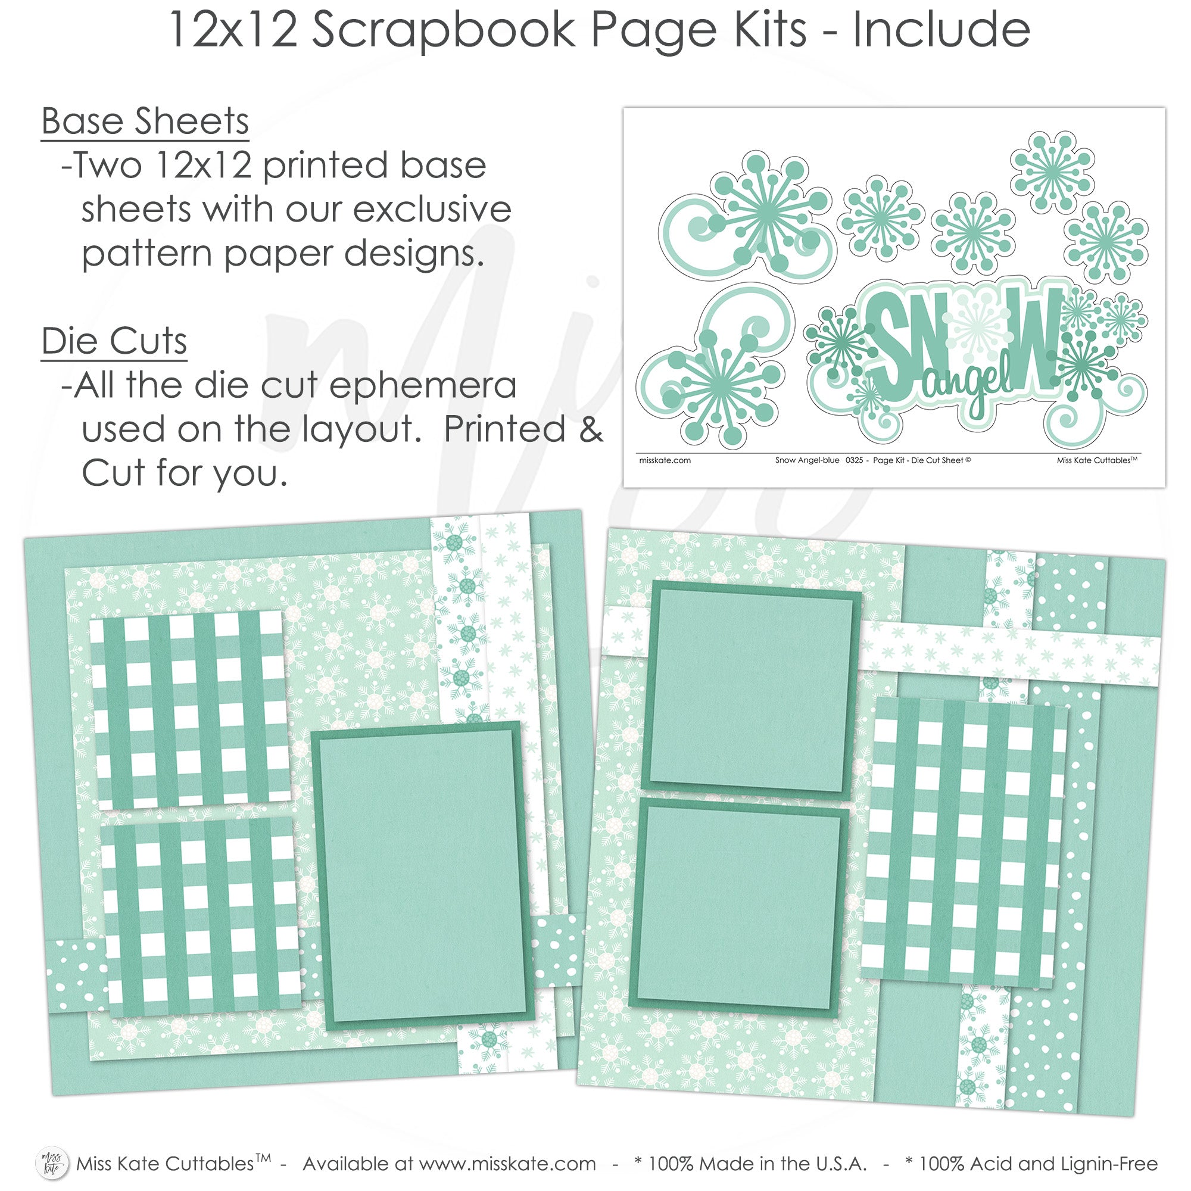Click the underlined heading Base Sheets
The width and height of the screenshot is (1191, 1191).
tap(145, 121)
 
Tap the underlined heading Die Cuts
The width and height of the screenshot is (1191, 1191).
tap(114, 341)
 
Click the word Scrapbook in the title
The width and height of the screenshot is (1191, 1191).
tap(443, 30)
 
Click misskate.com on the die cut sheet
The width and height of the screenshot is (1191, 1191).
tap(665, 460)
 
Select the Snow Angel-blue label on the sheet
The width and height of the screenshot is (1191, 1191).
tap(807, 460)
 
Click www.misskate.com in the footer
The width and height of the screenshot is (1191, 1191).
tap(507, 1163)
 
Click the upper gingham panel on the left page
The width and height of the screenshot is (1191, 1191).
tap(191, 710)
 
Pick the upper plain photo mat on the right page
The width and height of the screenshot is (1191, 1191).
tap(752, 690)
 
